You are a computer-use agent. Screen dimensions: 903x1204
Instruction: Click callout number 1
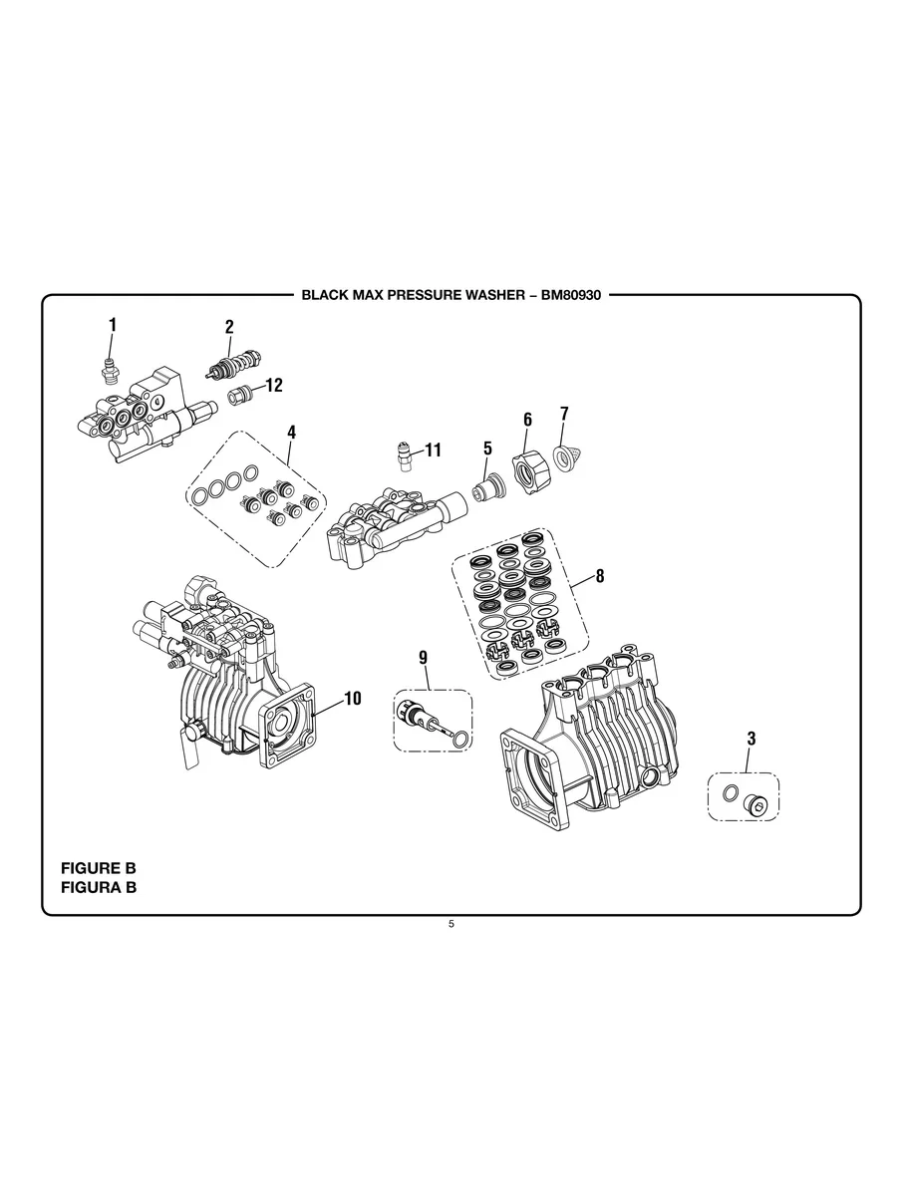113,325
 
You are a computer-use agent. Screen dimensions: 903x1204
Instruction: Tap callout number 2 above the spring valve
229,327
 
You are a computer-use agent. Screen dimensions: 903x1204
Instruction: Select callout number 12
275,385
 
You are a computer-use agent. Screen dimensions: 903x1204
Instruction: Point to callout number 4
292,433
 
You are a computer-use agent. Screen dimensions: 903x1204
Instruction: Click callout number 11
434,450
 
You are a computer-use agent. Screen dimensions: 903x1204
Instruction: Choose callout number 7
564,414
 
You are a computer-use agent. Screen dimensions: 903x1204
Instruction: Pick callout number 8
600,576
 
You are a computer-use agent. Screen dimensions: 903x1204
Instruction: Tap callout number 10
353,699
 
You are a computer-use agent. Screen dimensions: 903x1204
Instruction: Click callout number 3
752,739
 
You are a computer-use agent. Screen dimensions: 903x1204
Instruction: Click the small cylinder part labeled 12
238,396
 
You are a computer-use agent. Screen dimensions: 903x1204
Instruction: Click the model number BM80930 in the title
571,295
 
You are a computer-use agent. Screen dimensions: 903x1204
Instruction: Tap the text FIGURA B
99,887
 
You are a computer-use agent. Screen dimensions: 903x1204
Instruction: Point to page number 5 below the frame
451,924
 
